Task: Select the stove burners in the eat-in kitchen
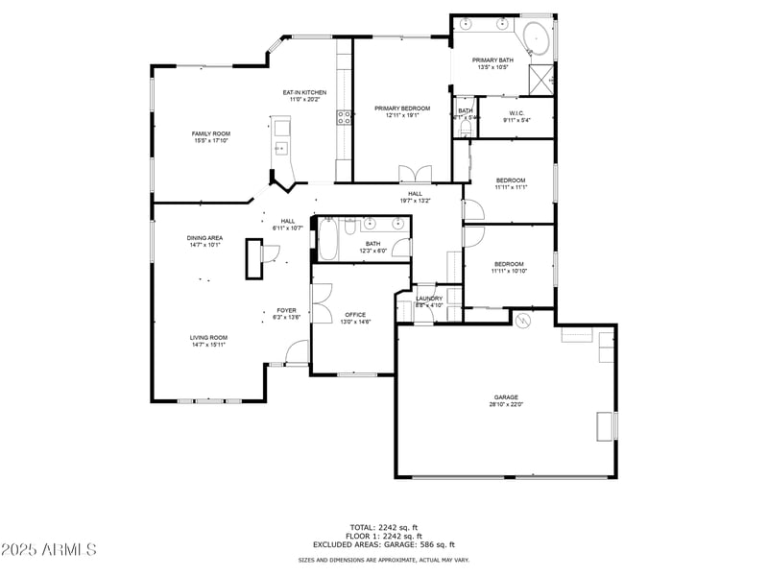tap(343, 118)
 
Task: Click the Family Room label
tap(210, 133)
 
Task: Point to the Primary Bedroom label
tap(401, 108)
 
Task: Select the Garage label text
tap(507, 396)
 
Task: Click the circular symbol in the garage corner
tap(524, 321)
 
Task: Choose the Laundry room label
tap(429, 299)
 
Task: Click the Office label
tap(355, 315)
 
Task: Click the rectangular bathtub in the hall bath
tap(327, 239)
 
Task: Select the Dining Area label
tap(204, 237)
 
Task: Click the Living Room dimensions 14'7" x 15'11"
tap(207, 344)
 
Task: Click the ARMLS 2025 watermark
tap(49, 550)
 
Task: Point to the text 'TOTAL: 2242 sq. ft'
tap(384, 527)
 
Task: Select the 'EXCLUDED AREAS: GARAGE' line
tap(384, 544)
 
